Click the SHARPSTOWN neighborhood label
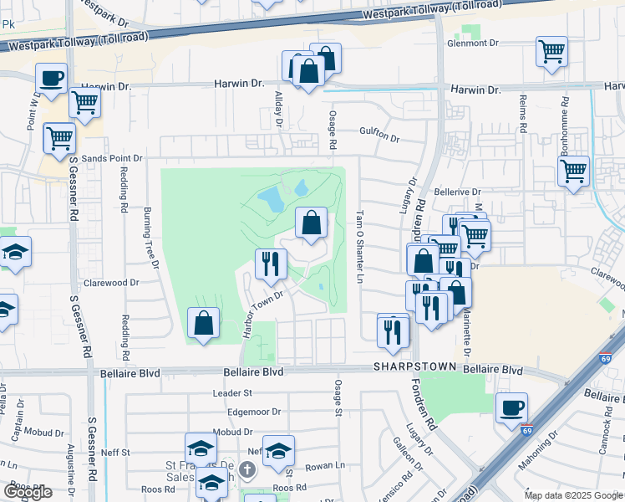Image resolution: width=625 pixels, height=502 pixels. point(414,367)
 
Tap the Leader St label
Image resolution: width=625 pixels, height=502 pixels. point(232,392)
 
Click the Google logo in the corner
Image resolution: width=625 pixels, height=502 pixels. point(28,491)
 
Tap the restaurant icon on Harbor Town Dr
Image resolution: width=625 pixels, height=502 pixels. point(270,264)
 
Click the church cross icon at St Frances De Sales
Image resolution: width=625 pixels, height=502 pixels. point(247,469)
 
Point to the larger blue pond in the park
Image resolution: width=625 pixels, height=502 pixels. point(271,199)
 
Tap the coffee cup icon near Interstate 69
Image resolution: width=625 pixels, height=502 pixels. point(511,407)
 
